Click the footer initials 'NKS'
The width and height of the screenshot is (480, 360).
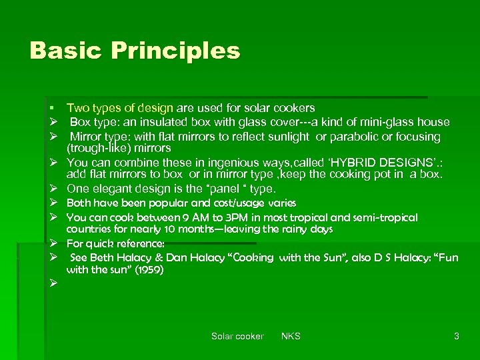point(291,337)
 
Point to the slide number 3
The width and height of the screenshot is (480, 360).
point(457,337)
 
